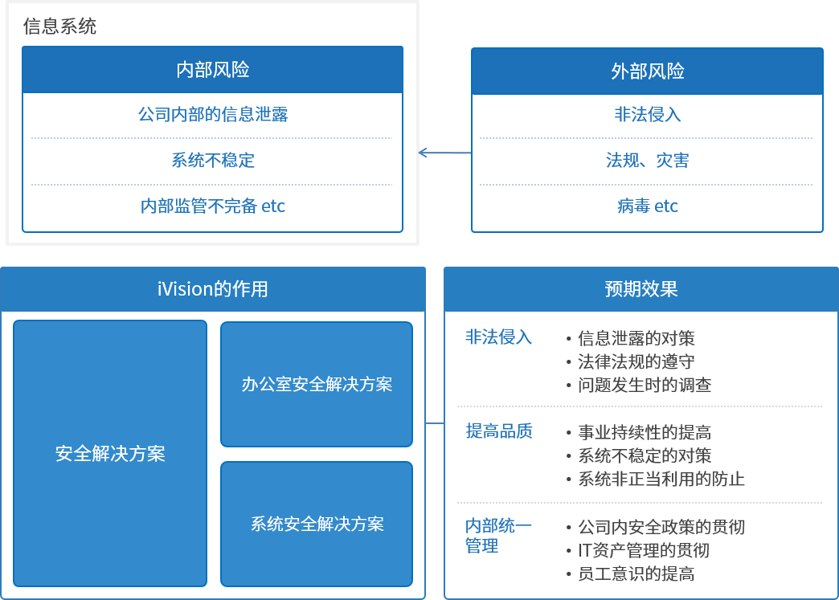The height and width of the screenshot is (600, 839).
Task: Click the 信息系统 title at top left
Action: coord(60,27)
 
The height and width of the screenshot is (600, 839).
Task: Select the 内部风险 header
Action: coord(212,70)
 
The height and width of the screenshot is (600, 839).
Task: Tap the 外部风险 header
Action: coord(647,71)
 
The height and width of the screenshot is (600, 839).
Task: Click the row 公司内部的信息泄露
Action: coord(212,114)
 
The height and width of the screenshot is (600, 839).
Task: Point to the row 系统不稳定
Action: coord(212,160)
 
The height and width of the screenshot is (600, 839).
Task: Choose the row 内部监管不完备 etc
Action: coord(212,206)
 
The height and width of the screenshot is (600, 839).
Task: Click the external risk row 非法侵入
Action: coord(647,114)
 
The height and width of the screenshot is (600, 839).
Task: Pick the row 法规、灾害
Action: coord(647,160)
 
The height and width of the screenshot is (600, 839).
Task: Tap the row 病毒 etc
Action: coord(647,206)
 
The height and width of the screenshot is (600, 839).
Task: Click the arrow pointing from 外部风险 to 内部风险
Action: coord(444,153)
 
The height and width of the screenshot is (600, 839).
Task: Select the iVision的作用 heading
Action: coord(212,289)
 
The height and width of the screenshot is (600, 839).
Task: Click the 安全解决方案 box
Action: coord(110,453)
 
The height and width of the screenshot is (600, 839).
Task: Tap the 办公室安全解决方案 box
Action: coord(317,384)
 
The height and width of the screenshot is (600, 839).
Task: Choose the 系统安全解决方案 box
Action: coord(317,524)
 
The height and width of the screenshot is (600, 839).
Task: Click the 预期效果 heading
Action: coord(641,289)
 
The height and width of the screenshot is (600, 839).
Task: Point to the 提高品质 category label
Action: coord(498,431)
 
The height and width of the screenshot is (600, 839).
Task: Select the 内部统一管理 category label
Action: coord(497,536)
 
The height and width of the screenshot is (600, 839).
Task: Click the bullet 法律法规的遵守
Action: coord(636,361)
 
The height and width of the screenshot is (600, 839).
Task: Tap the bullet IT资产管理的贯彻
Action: coord(643,550)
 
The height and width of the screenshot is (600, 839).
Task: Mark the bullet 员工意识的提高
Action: coord(636,573)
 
